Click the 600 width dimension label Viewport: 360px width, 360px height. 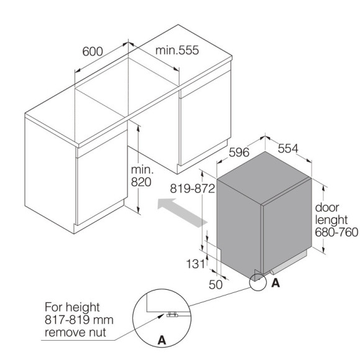coord(92,52)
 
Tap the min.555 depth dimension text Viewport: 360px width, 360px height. coord(177,50)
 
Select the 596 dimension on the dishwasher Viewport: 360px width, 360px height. coord(239,152)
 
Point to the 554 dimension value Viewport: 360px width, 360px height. coord(288,148)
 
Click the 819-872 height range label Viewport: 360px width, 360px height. coord(192,189)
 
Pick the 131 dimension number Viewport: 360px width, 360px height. coord(196,264)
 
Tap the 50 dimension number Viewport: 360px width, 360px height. coord(215,285)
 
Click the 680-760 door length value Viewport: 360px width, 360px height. coord(336,232)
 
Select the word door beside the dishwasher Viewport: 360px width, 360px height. coord(327,207)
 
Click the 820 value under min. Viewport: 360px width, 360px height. coord(141,182)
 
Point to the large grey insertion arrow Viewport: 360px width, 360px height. coord(182,213)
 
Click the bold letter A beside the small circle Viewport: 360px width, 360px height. coord(276,283)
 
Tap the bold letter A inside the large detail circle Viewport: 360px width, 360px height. coord(162,340)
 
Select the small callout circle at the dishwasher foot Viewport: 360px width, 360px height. coord(258,282)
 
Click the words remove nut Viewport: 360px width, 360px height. coord(75,332)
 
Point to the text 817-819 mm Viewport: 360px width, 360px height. coord(79,320)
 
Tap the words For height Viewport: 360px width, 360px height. coord(72,307)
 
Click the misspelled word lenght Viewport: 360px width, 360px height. coord(331,220)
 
